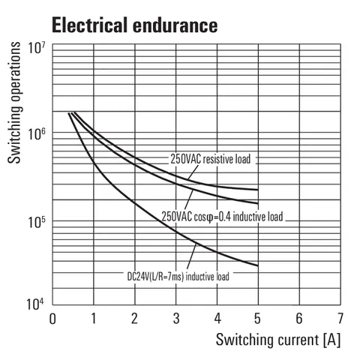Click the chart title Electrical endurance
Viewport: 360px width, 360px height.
click(x=135, y=25)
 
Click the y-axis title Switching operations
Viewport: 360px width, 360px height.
click(x=14, y=103)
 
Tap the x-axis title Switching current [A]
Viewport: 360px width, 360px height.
click(x=278, y=340)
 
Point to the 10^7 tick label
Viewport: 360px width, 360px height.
click(x=37, y=47)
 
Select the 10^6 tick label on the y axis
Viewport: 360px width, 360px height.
click(x=37, y=134)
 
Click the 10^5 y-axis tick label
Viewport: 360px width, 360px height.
click(x=37, y=222)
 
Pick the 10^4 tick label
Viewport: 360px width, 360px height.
click(x=35, y=304)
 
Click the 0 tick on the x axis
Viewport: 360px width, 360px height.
click(x=52, y=319)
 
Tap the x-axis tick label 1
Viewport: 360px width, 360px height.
click(x=94, y=319)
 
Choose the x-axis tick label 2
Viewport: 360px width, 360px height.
click(x=135, y=319)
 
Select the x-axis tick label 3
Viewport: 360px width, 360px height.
click(x=176, y=319)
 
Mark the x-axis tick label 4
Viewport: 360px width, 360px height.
click(x=217, y=319)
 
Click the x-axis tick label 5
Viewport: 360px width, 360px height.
click(x=257, y=319)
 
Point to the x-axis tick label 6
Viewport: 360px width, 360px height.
click(x=299, y=319)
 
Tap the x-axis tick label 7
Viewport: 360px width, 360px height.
click(x=340, y=319)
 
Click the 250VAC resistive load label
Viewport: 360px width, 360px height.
click(x=211, y=159)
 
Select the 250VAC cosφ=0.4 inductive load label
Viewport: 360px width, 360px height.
click(x=222, y=217)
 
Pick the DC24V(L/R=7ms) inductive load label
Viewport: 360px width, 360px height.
click(x=178, y=277)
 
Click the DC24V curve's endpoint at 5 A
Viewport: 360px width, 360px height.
click(x=258, y=265)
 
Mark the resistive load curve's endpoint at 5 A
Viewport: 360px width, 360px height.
click(x=258, y=190)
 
